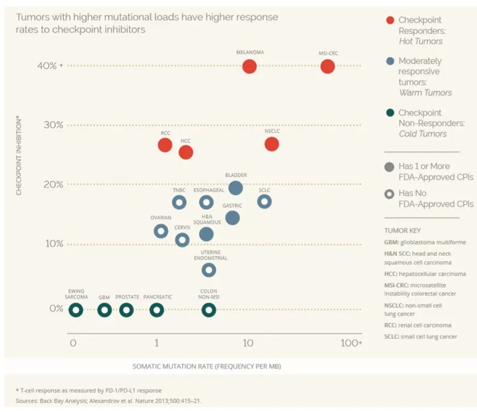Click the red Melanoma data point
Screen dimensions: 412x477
point(249,67)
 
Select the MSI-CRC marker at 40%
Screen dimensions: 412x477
point(328,67)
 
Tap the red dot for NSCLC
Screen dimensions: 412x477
point(272,144)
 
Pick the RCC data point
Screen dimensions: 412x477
point(165,145)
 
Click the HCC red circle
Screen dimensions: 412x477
point(186,152)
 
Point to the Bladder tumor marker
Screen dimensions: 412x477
point(235,188)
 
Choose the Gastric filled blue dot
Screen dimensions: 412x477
point(232,218)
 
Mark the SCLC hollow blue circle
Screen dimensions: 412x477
point(265,202)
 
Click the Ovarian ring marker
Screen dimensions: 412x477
point(161,231)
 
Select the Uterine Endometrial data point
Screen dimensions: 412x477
point(209,270)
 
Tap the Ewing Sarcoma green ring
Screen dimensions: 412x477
point(76,310)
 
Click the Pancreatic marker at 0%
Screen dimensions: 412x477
point(157,310)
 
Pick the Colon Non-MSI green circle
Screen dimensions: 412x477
point(209,310)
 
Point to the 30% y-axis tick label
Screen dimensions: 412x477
point(53,125)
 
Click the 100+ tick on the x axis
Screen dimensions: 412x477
point(351,343)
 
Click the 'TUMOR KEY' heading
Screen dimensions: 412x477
point(403,230)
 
